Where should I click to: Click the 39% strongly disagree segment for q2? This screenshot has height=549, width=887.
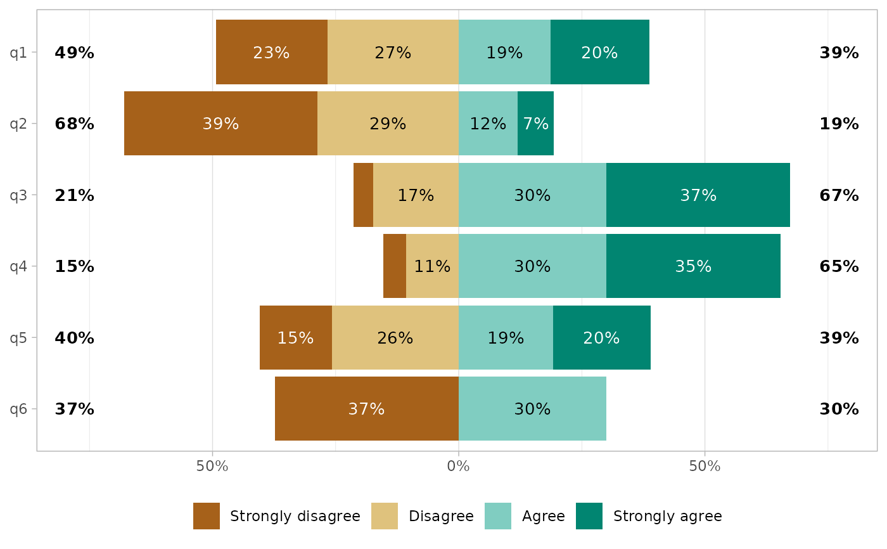tap(220, 124)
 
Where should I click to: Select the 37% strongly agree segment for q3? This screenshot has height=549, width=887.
tap(698, 195)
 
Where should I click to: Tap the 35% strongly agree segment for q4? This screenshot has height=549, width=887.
tap(693, 266)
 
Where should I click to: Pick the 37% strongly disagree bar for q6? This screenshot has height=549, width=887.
tap(366, 409)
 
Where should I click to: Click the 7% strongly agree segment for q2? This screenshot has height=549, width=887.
tap(535, 124)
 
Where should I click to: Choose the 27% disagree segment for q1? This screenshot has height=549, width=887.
tap(393, 53)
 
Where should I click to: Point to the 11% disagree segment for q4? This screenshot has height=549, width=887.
tap(432, 266)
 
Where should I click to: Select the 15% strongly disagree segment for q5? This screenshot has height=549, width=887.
tap(295, 338)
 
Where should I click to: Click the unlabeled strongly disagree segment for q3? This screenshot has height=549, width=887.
tap(363, 195)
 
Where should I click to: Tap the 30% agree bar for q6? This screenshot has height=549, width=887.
tap(532, 409)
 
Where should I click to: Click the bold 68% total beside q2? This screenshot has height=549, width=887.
tap(74, 124)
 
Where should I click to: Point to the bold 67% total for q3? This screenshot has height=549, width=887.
tap(839, 195)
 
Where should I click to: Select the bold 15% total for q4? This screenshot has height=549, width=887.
tap(74, 266)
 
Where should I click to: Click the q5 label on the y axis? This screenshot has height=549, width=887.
tap(18, 338)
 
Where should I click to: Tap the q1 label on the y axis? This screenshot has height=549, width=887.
tap(18, 53)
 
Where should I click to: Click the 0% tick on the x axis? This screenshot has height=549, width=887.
tap(458, 467)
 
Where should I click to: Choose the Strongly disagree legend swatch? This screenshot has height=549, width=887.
tap(207, 516)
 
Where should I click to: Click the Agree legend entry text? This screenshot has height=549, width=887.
tap(543, 516)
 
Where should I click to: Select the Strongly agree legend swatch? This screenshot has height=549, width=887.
tap(589, 516)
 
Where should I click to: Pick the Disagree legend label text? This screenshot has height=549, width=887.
tap(441, 516)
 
